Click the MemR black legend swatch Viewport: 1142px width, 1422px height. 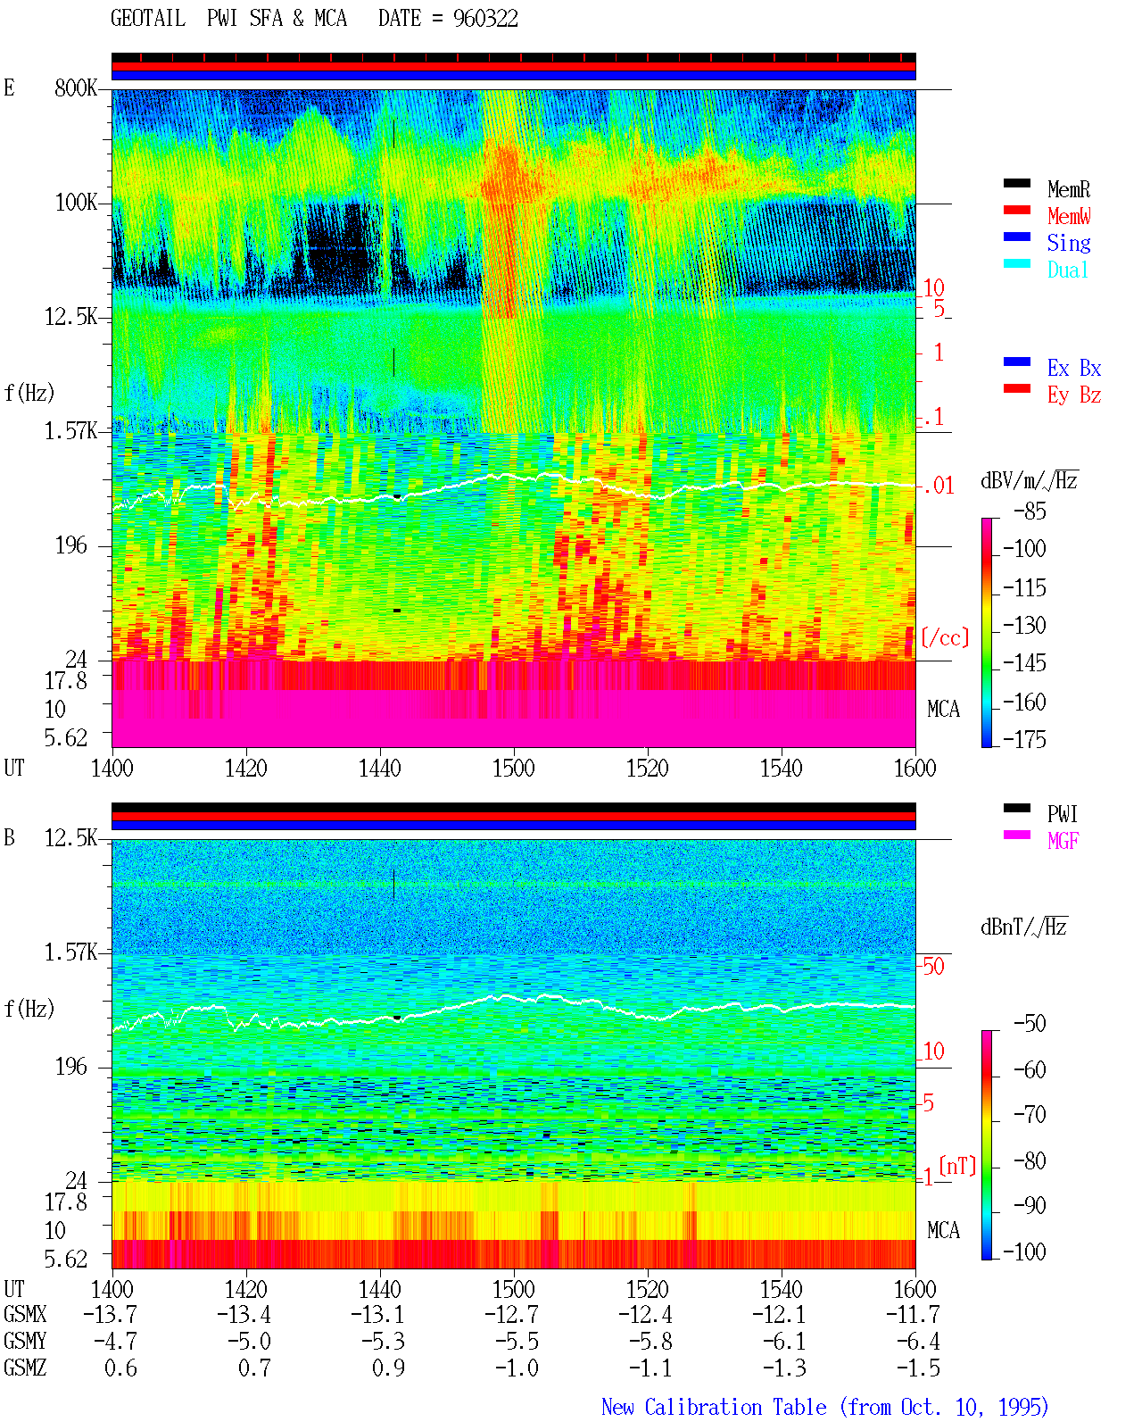(1016, 183)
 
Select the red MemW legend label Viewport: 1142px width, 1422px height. (1069, 216)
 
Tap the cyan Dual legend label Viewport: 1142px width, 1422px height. (1067, 270)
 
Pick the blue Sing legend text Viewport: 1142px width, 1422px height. (1068, 243)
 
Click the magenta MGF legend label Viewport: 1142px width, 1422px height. (1063, 841)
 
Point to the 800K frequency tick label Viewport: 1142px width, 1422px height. (75, 87)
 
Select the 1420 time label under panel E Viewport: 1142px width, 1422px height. (245, 768)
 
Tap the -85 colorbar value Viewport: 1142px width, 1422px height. (1030, 511)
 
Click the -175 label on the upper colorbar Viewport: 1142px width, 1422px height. (1024, 739)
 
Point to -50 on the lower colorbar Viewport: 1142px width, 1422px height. (1030, 1024)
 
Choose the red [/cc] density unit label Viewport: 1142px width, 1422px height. (945, 637)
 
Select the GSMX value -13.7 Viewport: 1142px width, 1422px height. (111, 1314)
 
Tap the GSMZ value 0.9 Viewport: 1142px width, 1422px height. (388, 1368)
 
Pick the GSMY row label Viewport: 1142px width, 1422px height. (25, 1341)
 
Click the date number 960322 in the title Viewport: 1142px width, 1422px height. (485, 19)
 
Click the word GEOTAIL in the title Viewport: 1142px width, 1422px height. (148, 19)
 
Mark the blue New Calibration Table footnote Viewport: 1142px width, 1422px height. (824, 1408)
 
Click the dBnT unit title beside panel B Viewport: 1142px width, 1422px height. (1023, 927)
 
